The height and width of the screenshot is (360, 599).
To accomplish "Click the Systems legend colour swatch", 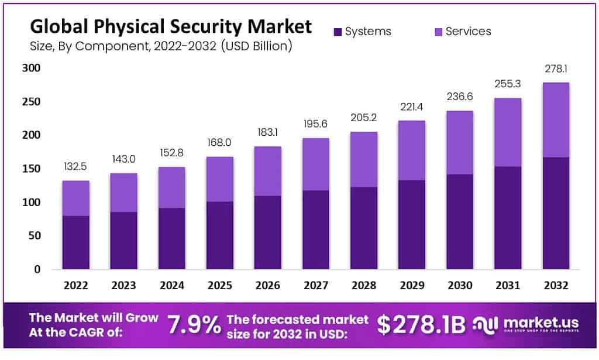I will (x=337, y=32).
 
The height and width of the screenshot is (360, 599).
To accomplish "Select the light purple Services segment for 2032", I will (x=556, y=119).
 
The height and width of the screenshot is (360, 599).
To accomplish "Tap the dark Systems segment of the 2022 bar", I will (x=76, y=242).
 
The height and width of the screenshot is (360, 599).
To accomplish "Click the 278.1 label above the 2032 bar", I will (x=556, y=69).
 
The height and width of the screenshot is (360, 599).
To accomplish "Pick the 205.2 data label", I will (x=364, y=118).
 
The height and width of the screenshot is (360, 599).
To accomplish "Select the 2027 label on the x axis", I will (x=316, y=286).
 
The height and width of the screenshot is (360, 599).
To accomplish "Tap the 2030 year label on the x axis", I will (x=460, y=286).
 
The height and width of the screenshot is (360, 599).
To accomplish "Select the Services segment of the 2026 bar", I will (x=268, y=171).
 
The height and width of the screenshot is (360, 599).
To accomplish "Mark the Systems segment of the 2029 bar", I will (x=412, y=224).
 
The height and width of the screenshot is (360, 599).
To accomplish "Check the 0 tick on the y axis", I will (x=37, y=270).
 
